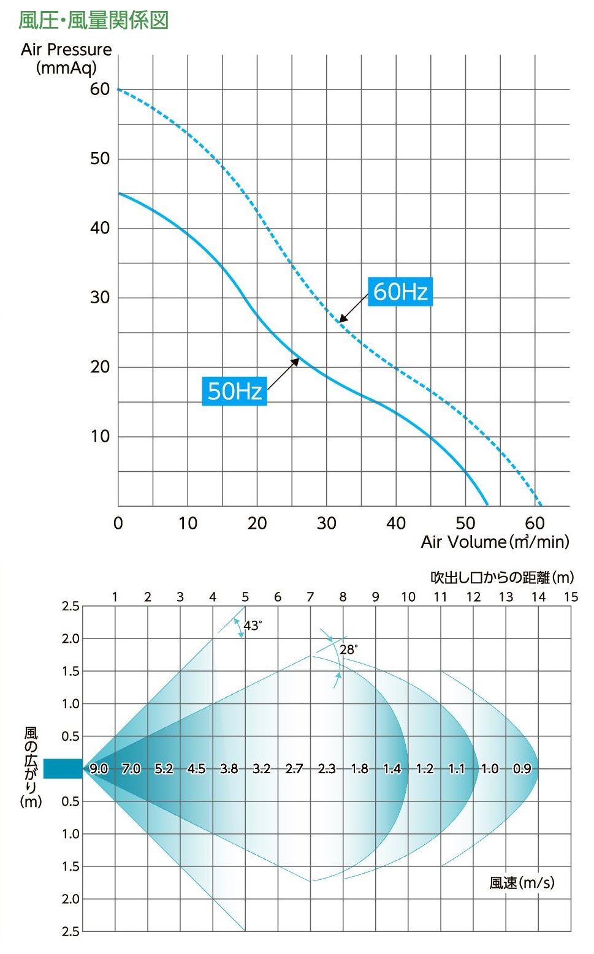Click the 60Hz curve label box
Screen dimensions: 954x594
[x=400, y=292]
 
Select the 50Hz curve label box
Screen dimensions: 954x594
[x=234, y=391]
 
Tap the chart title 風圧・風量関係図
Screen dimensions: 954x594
[x=93, y=20]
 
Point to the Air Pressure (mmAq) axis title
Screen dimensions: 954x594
[x=66, y=58]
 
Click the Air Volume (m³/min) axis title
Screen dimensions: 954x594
[x=495, y=542]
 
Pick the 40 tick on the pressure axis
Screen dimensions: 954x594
[x=100, y=228]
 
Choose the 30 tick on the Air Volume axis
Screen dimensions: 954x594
[x=326, y=523]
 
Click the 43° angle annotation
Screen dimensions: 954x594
[x=252, y=626]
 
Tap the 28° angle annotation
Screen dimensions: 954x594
[x=348, y=649]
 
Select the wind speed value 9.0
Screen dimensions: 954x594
[x=99, y=769]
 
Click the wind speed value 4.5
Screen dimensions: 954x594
[x=196, y=769]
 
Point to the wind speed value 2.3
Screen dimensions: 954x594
[x=326, y=769]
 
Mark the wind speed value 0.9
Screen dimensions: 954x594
[x=522, y=769]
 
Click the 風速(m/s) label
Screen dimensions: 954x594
[x=522, y=883]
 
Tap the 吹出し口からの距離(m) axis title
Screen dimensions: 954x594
[x=502, y=577]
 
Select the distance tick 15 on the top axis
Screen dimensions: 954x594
[x=571, y=597]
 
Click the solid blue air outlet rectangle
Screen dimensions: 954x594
[x=63, y=768]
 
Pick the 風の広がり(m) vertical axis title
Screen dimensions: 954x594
[x=31, y=768]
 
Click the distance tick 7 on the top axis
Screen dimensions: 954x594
[x=310, y=597]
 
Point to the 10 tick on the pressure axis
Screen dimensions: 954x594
[x=100, y=436]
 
